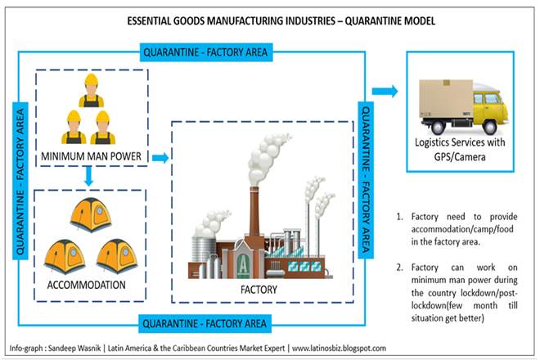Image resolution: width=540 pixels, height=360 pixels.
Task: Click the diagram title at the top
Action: (x=270, y=18)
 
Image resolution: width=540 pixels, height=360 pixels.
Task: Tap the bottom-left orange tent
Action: (x=62, y=254)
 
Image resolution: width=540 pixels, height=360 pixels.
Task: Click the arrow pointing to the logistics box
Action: (x=385, y=90)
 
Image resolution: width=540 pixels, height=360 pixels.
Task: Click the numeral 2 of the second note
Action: (x=399, y=268)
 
